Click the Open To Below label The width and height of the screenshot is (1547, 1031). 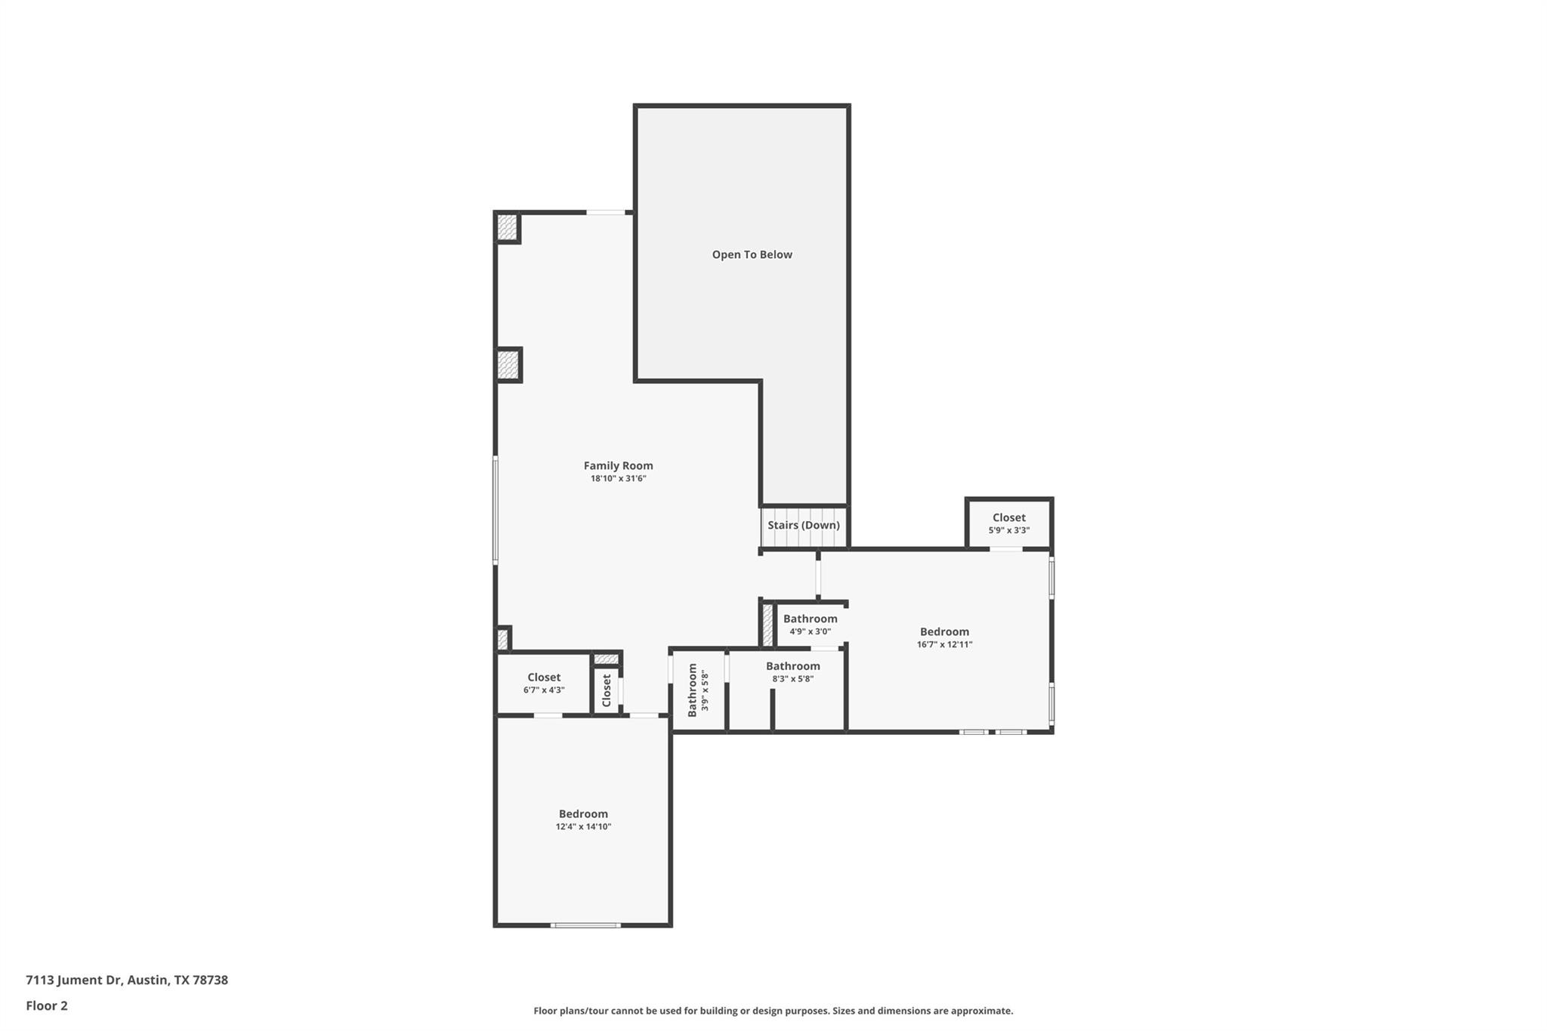tap(752, 255)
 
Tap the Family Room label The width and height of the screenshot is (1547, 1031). tap(618, 466)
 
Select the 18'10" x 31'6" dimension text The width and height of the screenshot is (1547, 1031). tap(618, 479)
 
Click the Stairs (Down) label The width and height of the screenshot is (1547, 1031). tap(803, 525)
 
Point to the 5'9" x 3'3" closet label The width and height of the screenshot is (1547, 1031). tap(1008, 523)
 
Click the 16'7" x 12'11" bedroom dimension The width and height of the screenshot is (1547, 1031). tap(944, 645)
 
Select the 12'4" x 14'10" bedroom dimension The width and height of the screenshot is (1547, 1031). tap(583, 827)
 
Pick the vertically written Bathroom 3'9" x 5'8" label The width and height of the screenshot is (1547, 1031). tap(697, 690)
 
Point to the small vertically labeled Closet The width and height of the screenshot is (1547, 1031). tap(607, 690)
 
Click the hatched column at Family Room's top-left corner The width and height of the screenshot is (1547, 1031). tap(508, 227)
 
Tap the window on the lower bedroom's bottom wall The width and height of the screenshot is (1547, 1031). tap(585, 925)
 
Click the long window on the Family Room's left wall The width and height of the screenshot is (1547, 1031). tap(496, 510)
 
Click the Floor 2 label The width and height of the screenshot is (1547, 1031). tap(47, 1005)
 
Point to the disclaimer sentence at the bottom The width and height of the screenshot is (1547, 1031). tap(773, 1011)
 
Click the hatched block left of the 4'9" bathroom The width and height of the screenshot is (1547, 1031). tap(767, 625)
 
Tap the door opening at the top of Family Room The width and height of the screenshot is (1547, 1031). tap(606, 213)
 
